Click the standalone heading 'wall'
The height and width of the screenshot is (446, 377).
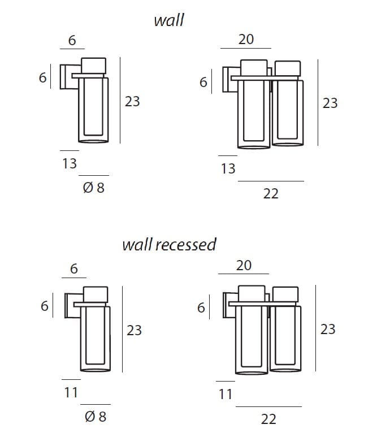point(169,20)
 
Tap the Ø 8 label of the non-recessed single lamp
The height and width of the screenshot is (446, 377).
point(94,188)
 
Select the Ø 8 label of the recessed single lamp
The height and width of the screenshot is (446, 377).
point(95,417)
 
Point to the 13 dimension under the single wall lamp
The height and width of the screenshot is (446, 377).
point(70,163)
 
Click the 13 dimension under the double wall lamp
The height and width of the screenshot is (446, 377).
point(228,168)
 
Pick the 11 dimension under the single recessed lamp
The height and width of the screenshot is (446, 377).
point(71,392)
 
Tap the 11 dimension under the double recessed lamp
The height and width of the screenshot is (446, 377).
point(226,394)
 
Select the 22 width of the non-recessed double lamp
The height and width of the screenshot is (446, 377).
point(271,194)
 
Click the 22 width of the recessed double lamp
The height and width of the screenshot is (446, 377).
point(268,419)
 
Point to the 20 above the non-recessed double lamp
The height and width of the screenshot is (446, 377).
point(246,39)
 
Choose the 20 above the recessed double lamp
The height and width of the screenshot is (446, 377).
point(244,265)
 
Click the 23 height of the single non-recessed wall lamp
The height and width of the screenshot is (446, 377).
point(132,102)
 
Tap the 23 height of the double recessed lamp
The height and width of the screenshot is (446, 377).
point(328,329)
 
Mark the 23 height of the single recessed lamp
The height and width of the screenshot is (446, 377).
point(134,330)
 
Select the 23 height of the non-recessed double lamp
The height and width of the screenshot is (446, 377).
point(330,103)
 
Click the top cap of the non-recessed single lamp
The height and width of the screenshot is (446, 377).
point(93,65)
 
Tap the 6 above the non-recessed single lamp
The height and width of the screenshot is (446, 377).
point(72,40)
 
